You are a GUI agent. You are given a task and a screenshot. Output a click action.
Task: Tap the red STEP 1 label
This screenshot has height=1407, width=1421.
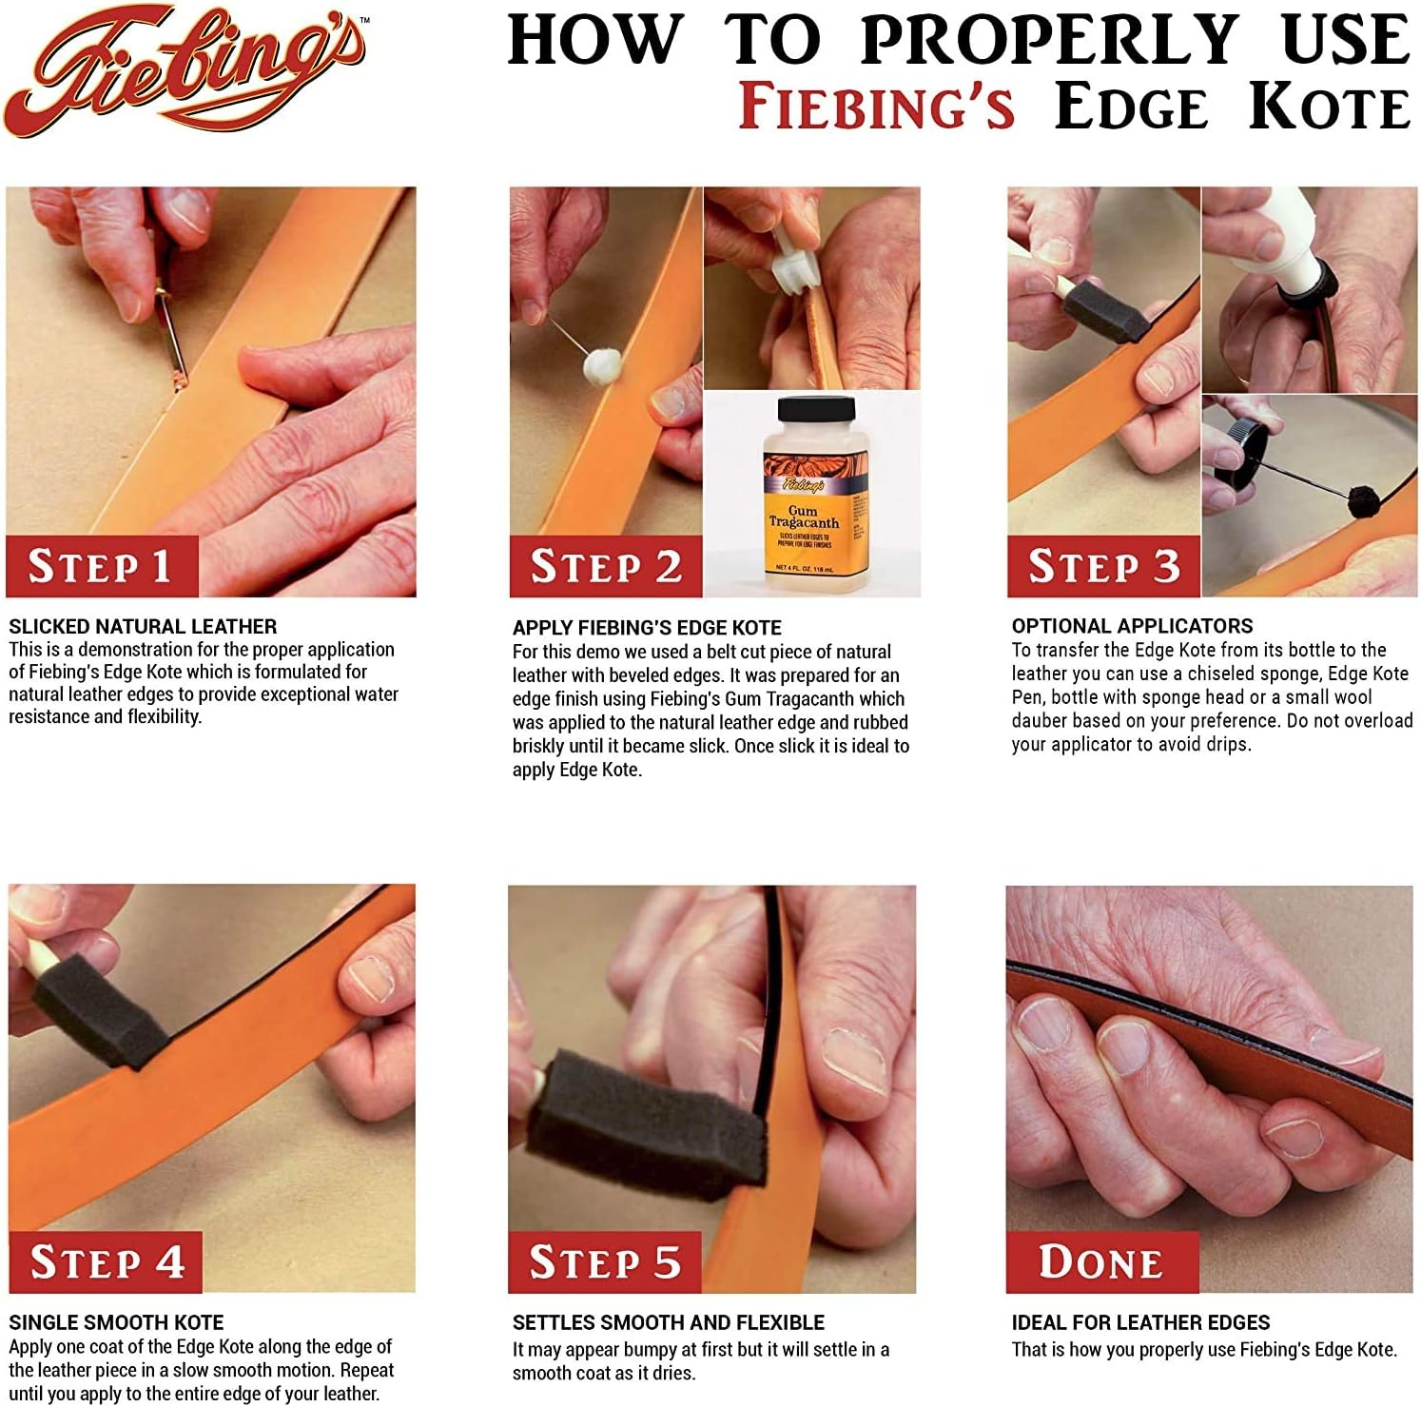pos(102,566)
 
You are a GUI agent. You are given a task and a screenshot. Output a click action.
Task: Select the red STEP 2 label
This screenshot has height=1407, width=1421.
pos(606,567)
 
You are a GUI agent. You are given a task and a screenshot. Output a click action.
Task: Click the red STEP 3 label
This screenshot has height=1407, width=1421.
pos(1103,567)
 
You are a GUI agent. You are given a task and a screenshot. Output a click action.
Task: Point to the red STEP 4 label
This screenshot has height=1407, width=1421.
pos(106,1262)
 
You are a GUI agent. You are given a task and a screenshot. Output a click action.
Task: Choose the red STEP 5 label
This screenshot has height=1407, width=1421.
pos(605,1262)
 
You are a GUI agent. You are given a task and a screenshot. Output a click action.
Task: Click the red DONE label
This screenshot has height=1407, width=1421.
pos(1101,1262)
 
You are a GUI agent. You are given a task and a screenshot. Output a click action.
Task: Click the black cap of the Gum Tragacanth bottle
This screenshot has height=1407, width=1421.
pos(804,411)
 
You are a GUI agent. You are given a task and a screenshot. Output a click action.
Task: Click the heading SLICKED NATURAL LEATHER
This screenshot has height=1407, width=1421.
pos(143,627)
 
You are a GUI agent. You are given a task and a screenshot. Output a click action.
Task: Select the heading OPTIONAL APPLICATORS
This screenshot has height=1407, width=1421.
pos(1132,626)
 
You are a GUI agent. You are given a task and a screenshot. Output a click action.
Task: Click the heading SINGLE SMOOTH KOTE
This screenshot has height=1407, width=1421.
pos(116,1322)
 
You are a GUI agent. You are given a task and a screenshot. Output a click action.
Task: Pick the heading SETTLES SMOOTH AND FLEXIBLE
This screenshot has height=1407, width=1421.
pos(668,1322)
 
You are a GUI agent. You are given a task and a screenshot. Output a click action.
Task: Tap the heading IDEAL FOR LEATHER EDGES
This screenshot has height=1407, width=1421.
pos(1140,1322)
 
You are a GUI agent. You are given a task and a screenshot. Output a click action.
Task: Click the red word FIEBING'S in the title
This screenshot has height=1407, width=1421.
pos(877,107)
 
